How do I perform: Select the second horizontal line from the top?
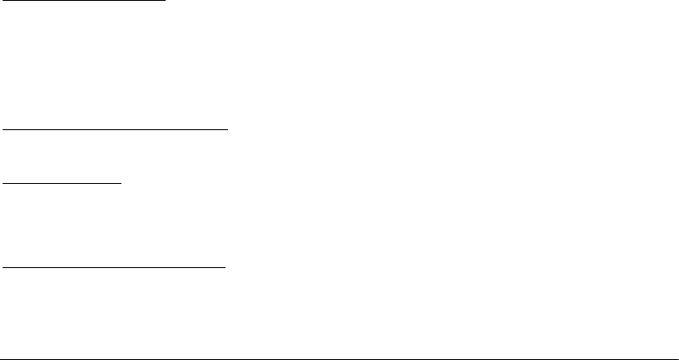tap(115, 129)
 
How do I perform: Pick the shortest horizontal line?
tap(63, 183)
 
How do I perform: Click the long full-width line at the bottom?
tap(339, 356)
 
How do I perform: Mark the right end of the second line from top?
tap(227, 129)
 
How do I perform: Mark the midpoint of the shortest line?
tap(63, 183)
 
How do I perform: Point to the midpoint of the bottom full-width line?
tap(339, 356)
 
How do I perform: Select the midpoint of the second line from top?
tap(115, 129)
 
